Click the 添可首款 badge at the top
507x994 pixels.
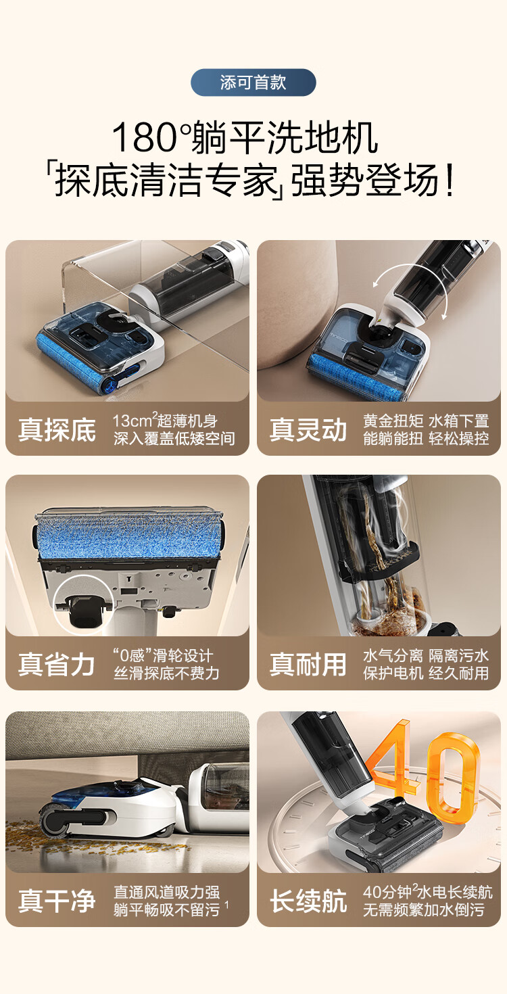[x=253, y=82]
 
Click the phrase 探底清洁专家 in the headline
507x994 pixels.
[x=169, y=181]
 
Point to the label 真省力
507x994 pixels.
[x=57, y=664]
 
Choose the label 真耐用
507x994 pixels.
[x=308, y=664]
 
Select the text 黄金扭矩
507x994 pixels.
[x=392, y=421]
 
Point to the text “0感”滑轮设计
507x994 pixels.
[x=162, y=655]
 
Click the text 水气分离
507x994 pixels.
[x=392, y=655]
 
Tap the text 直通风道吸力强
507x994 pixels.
[x=166, y=893]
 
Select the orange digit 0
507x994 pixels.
[x=453, y=778]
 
